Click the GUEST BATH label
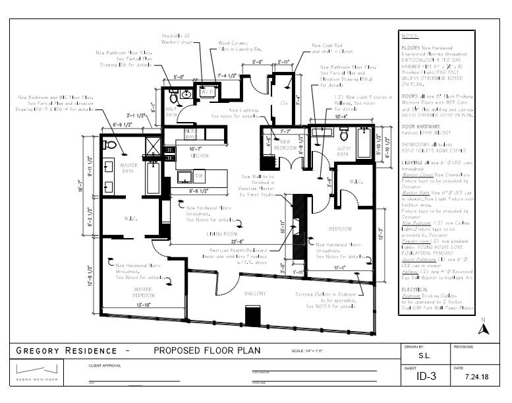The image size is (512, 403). click(345, 153)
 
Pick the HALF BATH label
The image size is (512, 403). click(171, 112)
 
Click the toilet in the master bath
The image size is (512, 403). click(110, 144)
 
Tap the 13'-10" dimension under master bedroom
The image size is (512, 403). click(143, 305)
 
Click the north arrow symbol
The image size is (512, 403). click(482, 328)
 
